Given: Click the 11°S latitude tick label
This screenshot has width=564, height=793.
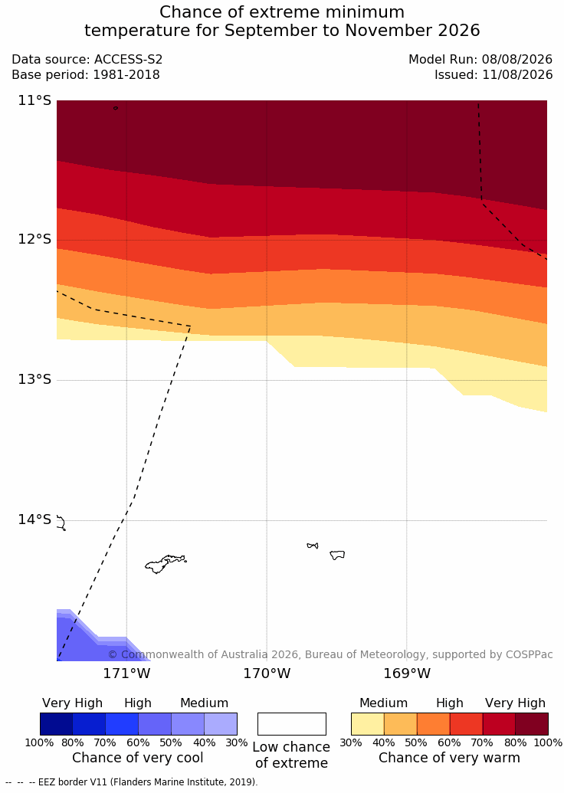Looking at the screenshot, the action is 35,100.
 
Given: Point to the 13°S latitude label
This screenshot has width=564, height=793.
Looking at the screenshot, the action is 35,379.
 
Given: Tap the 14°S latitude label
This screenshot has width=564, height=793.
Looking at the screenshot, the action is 35,519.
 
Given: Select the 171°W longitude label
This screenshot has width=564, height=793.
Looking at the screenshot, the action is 126,673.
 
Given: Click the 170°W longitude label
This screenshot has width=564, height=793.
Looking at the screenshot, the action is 267,673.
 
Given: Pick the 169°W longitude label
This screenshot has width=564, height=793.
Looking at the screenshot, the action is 407,673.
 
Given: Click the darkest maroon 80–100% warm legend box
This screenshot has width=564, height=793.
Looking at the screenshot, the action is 532,724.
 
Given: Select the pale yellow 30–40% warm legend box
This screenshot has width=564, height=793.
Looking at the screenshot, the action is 368,724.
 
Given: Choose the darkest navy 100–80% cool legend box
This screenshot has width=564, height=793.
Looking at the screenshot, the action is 56,724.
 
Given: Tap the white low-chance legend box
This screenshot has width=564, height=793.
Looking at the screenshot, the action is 292,724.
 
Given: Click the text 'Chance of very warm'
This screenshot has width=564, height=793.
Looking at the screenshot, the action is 449,758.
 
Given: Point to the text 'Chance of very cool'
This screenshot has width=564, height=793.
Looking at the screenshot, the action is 138,758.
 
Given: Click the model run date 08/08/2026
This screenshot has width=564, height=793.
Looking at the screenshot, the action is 517,60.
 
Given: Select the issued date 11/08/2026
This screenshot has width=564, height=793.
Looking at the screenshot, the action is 517,75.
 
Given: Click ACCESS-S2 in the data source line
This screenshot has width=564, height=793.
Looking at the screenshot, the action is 129,60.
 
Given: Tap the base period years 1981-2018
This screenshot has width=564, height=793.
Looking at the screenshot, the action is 126,75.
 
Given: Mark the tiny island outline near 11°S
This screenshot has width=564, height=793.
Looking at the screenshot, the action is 116,108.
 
